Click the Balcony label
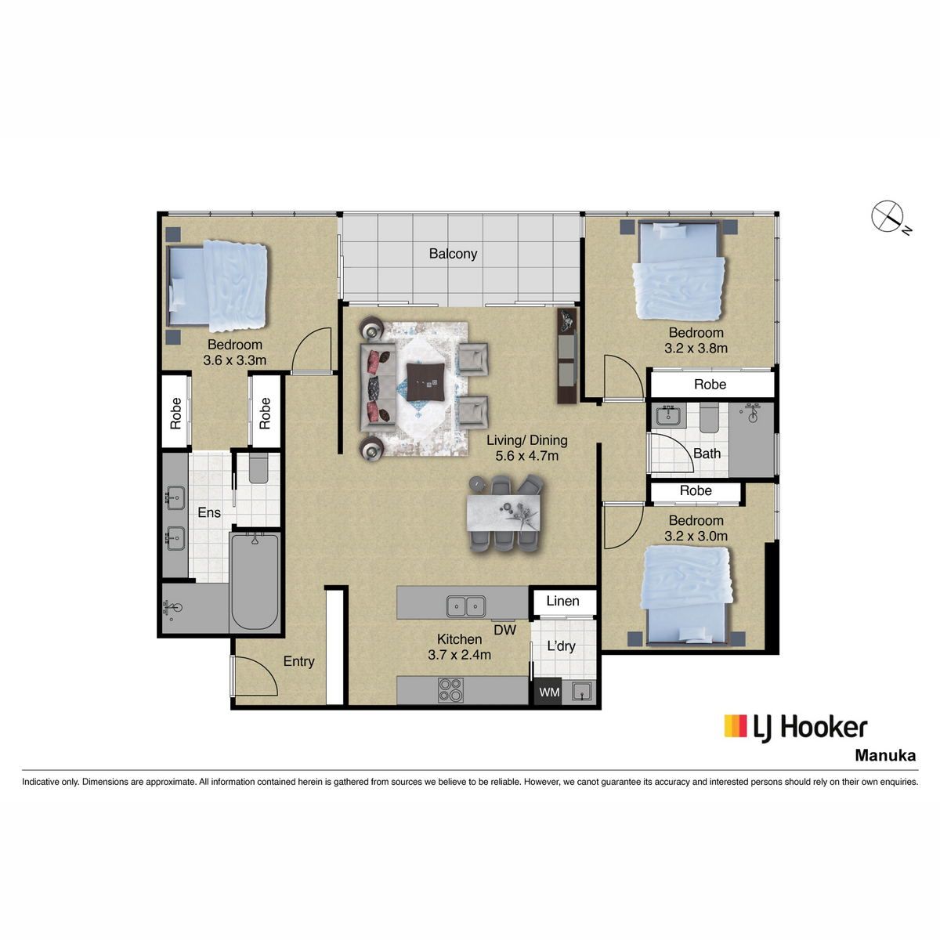[x=453, y=254]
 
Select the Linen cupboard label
[x=562, y=601]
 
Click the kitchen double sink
[x=465, y=606]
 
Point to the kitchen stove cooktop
[x=450, y=690]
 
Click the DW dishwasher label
[x=504, y=630]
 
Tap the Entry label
[x=298, y=661]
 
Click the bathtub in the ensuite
[x=255, y=582]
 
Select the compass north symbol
[x=890, y=217]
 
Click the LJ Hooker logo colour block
[x=735, y=726]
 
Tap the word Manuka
[x=885, y=756]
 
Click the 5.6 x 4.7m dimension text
[x=527, y=456]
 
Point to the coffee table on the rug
[x=425, y=381]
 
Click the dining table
[x=504, y=513]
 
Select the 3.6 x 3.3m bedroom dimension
[x=235, y=360]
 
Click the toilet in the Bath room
[x=709, y=418]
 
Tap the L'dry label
[x=561, y=645]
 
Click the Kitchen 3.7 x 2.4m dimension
[x=459, y=654]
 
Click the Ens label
[x=209, y=512]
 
